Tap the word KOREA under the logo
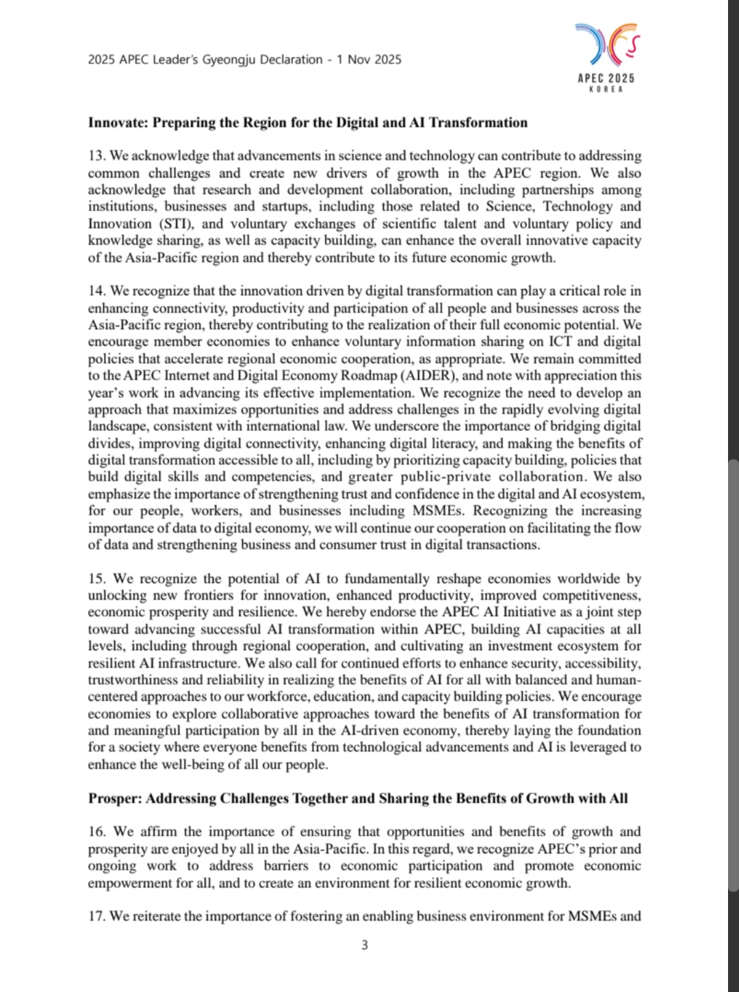tap(606, 90)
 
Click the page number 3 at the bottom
tap(365, 945)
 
